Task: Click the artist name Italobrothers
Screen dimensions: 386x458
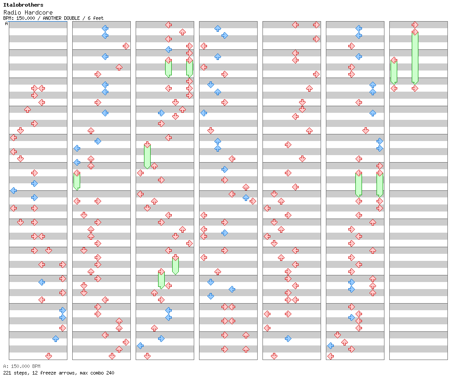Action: pyautogui.click(x=23, y=5)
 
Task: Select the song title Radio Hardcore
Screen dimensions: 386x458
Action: pyautogui.click(x=28, y=12)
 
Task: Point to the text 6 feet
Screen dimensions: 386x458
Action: pyautogui.click(x=96, y=18)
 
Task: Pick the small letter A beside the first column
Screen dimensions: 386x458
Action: pyautogui.click(x=6, y=24)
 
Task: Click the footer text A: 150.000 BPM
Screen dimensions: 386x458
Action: pyautogui.click(x=22, y=366)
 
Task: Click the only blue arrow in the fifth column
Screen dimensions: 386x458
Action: pyautogui.click(x=288, y=338)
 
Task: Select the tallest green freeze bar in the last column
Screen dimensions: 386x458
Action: pyautogui.click(x=415, y=57)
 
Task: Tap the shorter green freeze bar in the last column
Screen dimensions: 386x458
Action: pyautogui.click(x=394, y=71)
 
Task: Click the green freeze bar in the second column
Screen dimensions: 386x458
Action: pyautogui.click(x=77, y=181)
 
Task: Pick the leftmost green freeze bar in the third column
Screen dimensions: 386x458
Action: pyautogui.click(x=147, y=156)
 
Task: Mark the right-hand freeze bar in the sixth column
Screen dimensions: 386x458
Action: pyautogui.click(x=380, y=184)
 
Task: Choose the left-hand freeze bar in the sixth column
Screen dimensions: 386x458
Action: pyautogui.click(x=358, y=184)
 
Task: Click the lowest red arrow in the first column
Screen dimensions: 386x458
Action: pyautogui.click(x=48, y=356)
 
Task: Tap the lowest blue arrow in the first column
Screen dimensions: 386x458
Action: pyautogui.click(x=55, y=338)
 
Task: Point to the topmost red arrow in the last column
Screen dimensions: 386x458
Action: pyautogui.click(x=415, y=25)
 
